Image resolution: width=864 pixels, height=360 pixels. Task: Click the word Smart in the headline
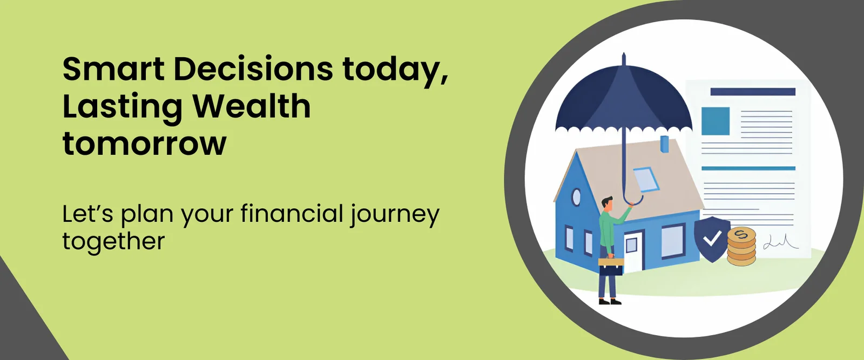point(113,70)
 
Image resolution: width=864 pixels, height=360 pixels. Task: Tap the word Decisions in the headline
point(253,70)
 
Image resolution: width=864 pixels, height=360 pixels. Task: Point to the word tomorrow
point(144,144)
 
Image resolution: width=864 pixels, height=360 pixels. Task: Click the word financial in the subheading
point(292,214)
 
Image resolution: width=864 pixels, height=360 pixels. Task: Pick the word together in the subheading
point(114,242)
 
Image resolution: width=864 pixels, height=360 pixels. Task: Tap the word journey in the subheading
point(395,215)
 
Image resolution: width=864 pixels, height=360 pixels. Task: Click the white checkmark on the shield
point(712,238)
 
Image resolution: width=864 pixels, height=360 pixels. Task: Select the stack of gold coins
point(741,247)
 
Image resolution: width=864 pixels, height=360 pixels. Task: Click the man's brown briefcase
point(611,267)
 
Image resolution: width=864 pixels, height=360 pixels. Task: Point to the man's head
point(607,203)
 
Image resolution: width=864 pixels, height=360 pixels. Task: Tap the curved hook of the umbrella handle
point(633,200)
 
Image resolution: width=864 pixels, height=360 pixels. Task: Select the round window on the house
point(576,197)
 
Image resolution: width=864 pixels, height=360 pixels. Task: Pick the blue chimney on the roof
point(665,144)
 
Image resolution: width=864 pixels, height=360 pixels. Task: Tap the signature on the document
point(781,242)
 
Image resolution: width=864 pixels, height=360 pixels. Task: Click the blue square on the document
point(715,121)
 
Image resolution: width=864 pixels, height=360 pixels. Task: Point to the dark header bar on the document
point(753,92)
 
